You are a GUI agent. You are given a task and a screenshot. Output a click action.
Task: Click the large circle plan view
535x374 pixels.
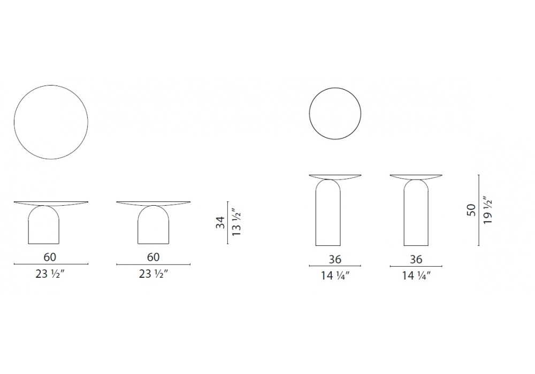click(14, 122)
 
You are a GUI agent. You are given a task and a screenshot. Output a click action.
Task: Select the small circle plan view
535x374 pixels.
click(309, 113)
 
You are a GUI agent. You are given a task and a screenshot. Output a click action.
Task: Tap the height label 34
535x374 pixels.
click(220, 222)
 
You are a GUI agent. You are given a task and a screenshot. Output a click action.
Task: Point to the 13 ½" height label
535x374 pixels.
click(236, 223)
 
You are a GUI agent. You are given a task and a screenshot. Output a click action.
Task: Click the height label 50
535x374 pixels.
click(471, 210)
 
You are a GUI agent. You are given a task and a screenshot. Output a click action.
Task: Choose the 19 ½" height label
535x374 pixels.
click(488, 211)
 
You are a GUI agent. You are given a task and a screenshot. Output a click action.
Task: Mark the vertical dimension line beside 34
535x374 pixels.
click(227, 223)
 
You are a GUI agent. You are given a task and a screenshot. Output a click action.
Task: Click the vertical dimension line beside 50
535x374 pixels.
click(479, 210)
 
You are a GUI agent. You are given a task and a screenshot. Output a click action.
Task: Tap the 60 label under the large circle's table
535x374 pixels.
click(50, 257)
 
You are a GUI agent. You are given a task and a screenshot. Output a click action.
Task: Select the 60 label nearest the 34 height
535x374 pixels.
click(153, 257)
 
